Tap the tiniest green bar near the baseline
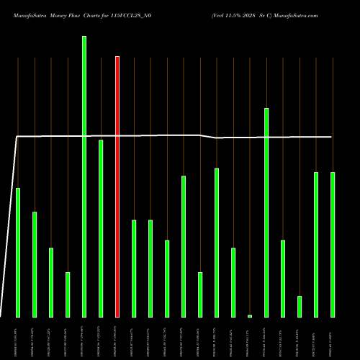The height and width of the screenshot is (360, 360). pyautogui.click(x=250, y=315)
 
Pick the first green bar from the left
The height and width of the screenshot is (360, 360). pyautogui.click(x=18, y=252)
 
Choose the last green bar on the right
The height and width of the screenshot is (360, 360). pyautogui.click(x=333, y=244)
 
